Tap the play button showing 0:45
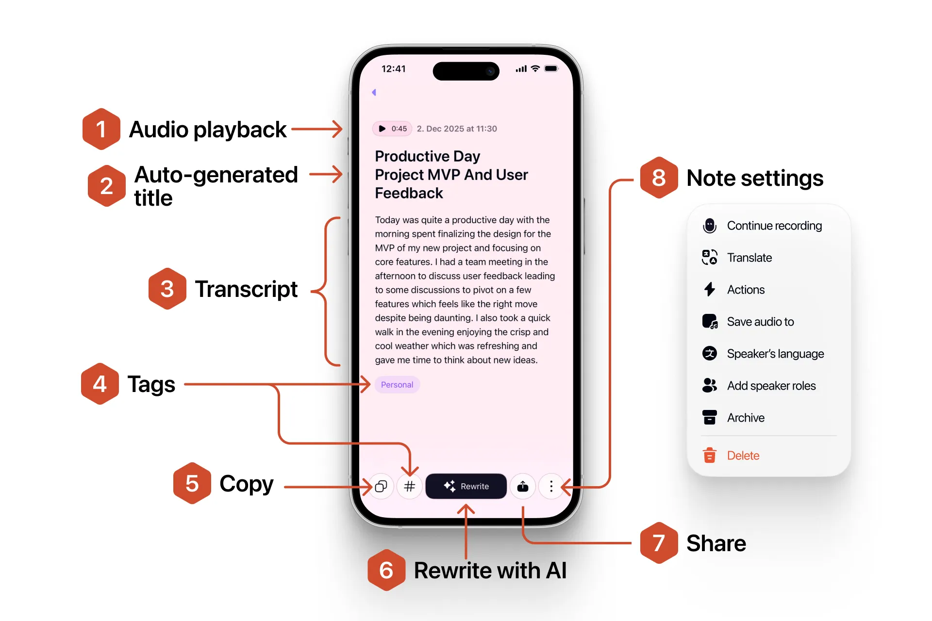coord(392,129)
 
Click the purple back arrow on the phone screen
coord(374,92)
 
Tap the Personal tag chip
coord(397,385)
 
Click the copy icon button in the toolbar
coord(381,486)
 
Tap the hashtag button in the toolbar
coord(410,486)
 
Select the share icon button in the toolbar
coord(523,486)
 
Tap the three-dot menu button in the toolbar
coord(551,486)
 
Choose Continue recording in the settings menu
coord(774,226)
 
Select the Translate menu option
coord(749,258)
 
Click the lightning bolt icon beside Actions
coord(710,290)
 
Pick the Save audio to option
coord(760,322)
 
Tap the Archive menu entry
coord(746,418)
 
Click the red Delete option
coord(743,456)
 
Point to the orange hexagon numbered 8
coord(659,178)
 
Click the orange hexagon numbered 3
coord(167,289)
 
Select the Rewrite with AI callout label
coord(490,571)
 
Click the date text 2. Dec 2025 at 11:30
coord(457,129)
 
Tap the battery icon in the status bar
coord(551,69)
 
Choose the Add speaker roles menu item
coord(771,386)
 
